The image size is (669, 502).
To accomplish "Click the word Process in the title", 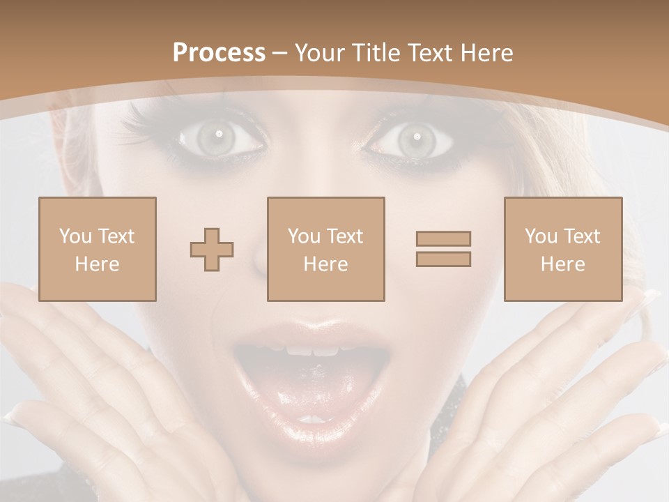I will [x=219, y=53].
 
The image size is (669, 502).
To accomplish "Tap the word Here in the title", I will [x=484, y=53].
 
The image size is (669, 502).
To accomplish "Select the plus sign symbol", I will [x=212, y=250].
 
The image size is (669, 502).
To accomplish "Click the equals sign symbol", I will [x=443, y=249].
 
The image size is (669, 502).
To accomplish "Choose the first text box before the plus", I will [x=98, y=249].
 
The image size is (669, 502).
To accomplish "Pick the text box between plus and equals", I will [x=326, y=249].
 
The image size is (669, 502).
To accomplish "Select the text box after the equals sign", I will [x=563, y=249].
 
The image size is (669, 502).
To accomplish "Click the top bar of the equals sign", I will [x=443, y=238].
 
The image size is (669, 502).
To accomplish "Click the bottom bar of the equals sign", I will [x=443, y=259].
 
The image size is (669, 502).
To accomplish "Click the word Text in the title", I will [x=426, y=53].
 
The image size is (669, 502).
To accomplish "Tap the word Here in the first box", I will [x=97, y=264].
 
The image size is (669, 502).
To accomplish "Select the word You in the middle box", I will [x=304, y=236].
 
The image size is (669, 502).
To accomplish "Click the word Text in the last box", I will [x=580, y=236].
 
